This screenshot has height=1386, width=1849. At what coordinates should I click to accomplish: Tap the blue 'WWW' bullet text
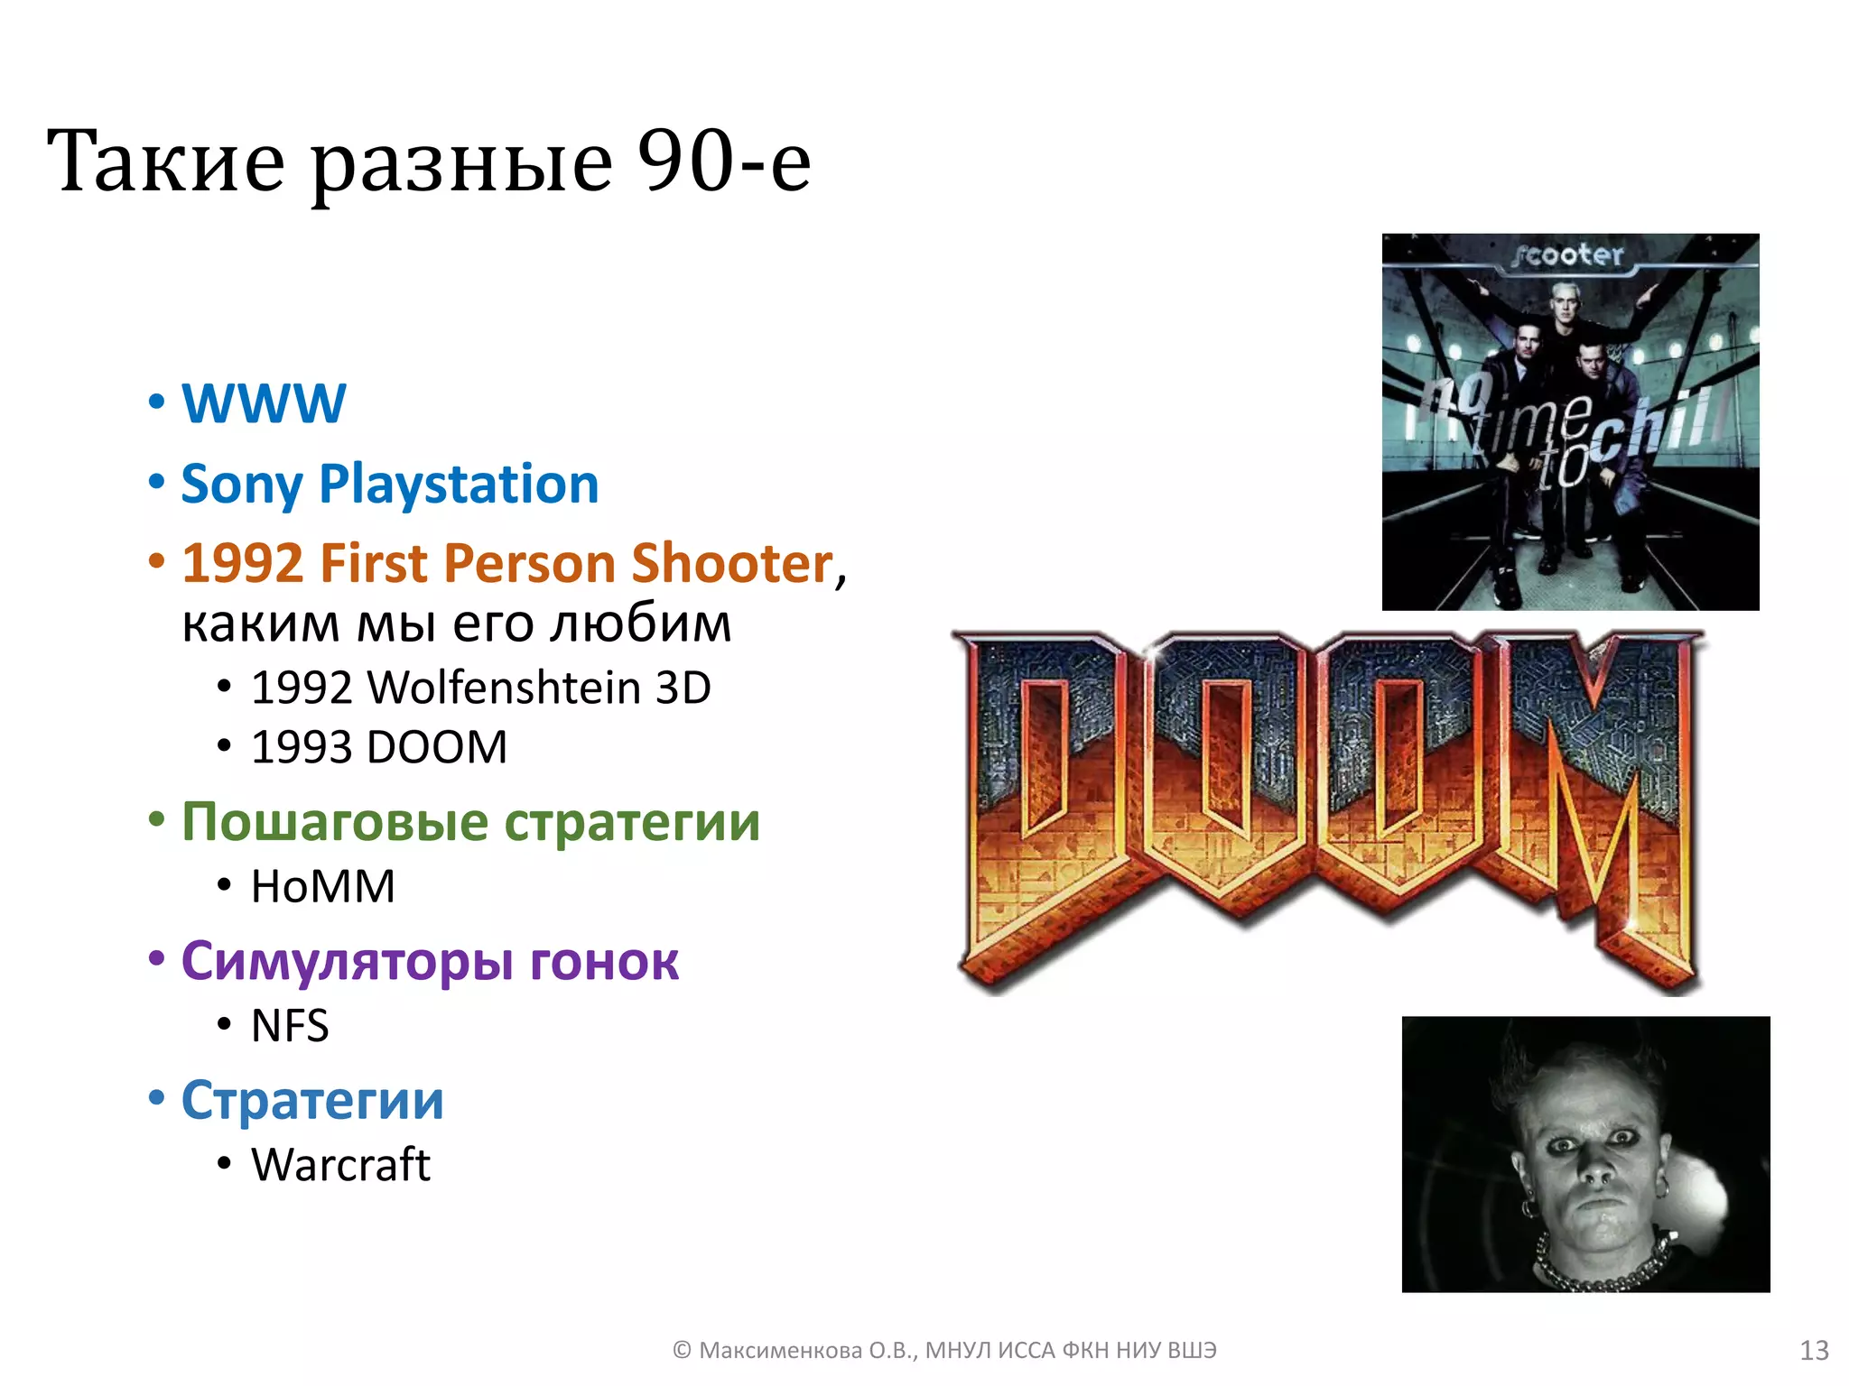coord(264,402)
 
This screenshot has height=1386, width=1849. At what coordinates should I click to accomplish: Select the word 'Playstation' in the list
coord(459,484)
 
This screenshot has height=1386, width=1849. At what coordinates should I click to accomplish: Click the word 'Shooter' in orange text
coord(731,563)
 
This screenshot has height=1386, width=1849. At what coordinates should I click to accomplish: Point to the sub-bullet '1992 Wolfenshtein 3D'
coord(480,688)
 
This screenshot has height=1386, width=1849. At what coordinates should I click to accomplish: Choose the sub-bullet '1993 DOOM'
coord(379,747)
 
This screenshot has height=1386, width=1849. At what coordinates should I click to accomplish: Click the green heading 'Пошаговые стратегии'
coord(470,822)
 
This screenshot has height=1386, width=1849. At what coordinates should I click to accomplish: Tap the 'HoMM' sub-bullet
coord(323,886)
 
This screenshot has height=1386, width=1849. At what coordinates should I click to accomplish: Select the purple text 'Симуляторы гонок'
coord(430,961)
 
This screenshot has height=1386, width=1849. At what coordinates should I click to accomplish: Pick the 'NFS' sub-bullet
coord(290,1026)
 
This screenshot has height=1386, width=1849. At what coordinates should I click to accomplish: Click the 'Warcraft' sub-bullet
coord(340,1165)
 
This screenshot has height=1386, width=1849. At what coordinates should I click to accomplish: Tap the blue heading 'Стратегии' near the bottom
coord(312,1101)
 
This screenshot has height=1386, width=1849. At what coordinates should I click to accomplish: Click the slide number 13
coord(1814,1350)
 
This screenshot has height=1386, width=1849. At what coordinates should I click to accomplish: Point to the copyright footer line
coord(944,1350)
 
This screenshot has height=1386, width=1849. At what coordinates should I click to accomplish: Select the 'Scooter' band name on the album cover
coord(1569,255)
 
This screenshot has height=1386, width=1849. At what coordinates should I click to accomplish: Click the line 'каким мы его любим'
coord(456,624)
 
